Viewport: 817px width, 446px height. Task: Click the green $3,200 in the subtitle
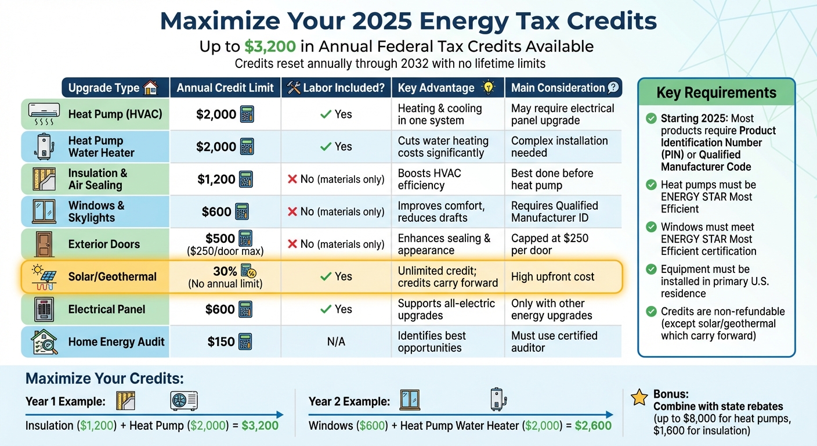click(270, 46)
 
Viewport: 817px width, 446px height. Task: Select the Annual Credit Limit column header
click(225, 88)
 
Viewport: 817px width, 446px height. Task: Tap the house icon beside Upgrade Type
click(150, 88)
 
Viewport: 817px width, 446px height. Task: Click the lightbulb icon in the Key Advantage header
click(489, 88)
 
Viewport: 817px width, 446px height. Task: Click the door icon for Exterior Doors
click(44, 244)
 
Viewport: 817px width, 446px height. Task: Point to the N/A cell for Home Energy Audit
click(336, 342)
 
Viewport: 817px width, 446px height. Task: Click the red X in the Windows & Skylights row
click(292, 212)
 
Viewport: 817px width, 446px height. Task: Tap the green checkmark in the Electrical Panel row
click(326, 310)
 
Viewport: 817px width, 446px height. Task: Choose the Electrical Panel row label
click(107, 310)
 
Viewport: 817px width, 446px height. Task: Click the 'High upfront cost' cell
click(552, 277)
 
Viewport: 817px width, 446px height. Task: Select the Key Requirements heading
click(716, 93)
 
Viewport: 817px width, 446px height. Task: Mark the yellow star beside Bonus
click(639, 398)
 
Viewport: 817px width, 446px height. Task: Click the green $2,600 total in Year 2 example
click(593, 426)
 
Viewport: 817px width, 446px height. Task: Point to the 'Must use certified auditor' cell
click(554, 342)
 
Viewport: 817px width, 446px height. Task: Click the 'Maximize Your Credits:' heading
click(105, 379)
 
